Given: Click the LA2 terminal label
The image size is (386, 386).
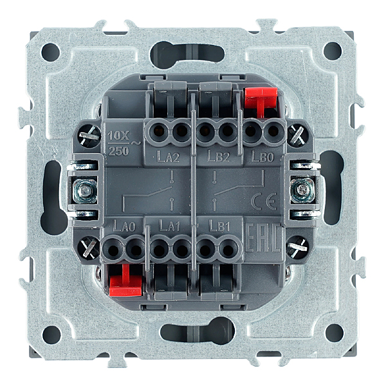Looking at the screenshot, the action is [168, 157].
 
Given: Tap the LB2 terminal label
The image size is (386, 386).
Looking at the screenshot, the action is [218, 156].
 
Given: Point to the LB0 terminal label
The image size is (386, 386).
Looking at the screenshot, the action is [262, 156].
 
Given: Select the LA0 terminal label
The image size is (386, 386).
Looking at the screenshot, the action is [124, 226].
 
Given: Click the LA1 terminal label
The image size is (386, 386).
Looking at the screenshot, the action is [170, 226].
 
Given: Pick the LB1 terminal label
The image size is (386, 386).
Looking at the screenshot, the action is [219, 226].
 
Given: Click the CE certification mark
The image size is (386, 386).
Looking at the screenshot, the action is [264, 201].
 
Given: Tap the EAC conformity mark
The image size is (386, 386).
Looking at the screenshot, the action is [262, 237].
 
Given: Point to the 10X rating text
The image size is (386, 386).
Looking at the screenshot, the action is [118, 136].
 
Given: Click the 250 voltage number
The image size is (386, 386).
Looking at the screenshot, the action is [118, 151].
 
